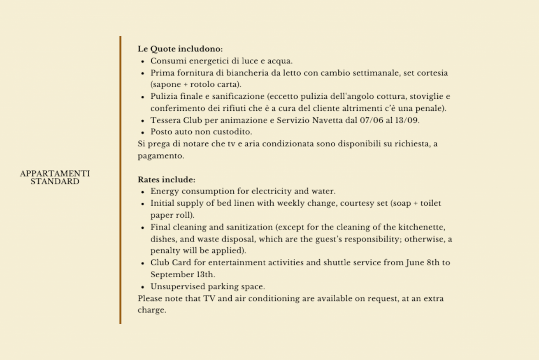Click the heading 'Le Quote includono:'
click(x=180, y=49)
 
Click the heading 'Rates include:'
click(x=166, y=180)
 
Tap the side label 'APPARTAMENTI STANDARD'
click(x=55, y=178)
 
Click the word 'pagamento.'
click(x=161, y=156)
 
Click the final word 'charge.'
click(x=152, y=310)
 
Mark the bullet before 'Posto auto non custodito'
click(x=142, y=132)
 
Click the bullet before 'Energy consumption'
click(x=142, y=192)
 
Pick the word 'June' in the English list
click(x=415, y=262)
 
